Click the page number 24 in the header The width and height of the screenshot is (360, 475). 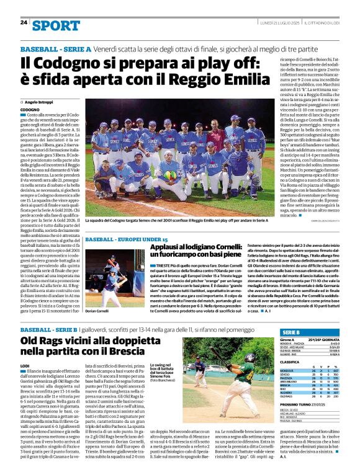[24, 22]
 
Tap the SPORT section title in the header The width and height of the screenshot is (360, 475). [56, 25]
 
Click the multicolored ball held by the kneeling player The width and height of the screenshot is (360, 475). [169, 175]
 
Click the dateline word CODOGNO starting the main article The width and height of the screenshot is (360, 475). [31, 109]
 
